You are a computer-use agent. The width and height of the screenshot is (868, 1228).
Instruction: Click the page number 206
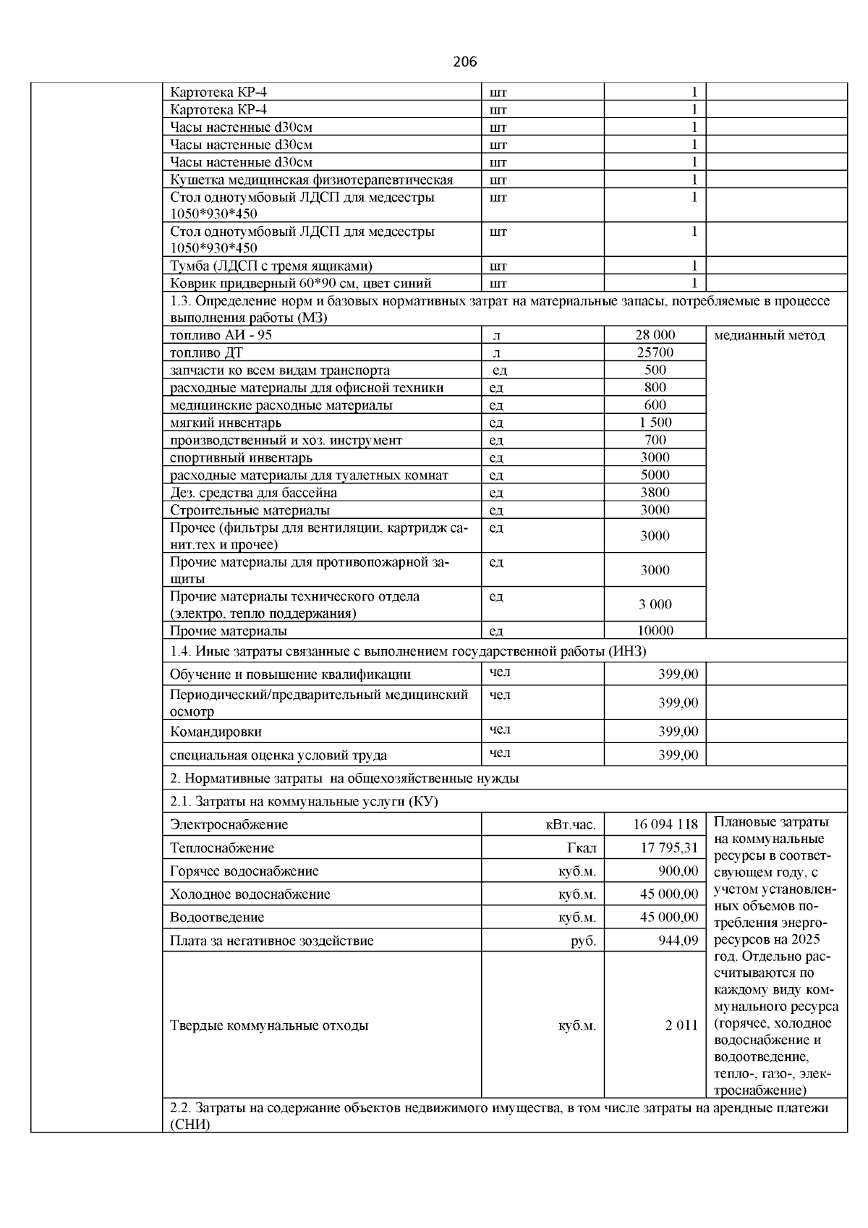(x=465, y=62)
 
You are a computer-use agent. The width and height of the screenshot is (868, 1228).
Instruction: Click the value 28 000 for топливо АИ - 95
(x=655, y=335)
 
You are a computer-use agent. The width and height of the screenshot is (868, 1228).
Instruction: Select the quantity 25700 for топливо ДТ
(x=655, y=352)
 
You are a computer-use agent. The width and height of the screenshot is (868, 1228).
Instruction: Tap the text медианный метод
(x=769, y=335)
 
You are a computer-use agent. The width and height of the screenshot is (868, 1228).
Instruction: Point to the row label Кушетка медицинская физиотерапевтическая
(x=311, y=179)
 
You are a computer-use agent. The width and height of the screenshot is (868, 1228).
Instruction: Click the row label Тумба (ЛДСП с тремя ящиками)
(x=271, y=266)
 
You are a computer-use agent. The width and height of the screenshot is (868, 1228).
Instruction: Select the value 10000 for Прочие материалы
(x=655, y=630)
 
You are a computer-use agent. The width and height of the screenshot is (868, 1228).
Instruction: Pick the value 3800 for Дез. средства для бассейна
(x=655, y=492)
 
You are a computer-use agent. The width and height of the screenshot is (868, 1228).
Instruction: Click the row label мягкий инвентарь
(x=226, y=423)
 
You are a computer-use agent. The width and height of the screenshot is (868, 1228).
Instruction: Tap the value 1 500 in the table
(x=655, y=422)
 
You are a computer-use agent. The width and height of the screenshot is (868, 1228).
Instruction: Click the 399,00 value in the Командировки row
(x=678, y=732)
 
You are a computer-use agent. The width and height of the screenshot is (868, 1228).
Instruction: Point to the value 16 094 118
(x=665, y=824)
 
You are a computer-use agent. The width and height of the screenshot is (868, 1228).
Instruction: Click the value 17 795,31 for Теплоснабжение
(x=669, y=847)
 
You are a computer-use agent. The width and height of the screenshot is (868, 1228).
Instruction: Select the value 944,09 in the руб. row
(x=678, y=941)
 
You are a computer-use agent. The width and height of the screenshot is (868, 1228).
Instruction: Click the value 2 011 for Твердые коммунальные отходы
(x=681, y=1025)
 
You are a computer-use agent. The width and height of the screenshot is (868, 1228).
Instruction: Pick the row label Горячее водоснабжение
(x=244, y=871)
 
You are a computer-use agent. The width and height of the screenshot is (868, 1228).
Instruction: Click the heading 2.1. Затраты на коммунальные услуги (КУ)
(x=304, y=802)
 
